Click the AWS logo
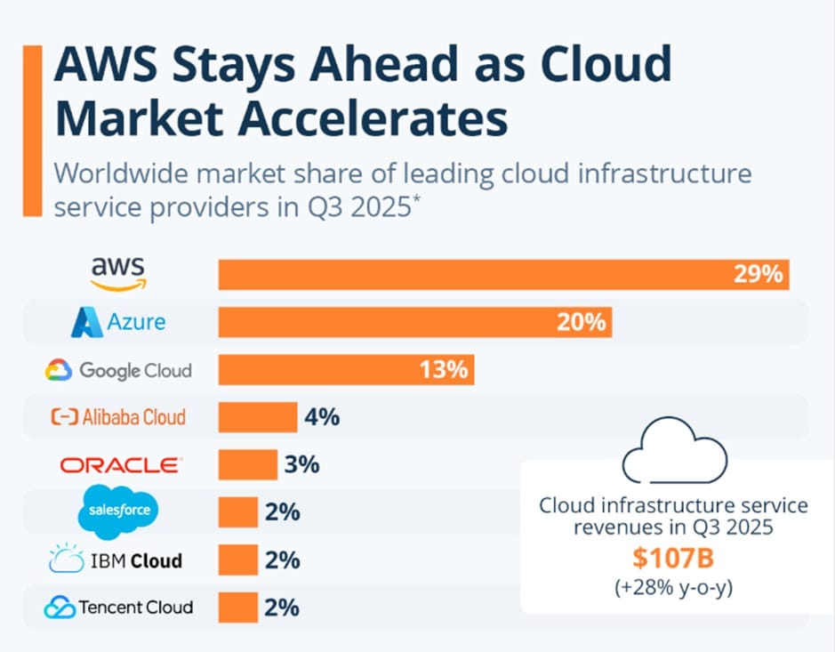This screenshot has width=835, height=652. [118, 272]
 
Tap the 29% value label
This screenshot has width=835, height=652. [759, 274]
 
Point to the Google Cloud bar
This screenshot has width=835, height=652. [346, 369]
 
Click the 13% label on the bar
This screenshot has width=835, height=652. [444, 369]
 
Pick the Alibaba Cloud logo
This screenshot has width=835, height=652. [118, 416]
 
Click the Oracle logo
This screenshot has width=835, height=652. [120, 464]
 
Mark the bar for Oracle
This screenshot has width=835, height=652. [248, 464]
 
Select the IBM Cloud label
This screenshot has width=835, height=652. [118, 560]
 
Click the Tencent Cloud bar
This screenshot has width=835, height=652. [238, 608]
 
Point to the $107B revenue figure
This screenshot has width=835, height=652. [674, 559]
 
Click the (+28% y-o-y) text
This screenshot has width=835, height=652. [673, 588]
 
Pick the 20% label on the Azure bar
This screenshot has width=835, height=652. [582, 321]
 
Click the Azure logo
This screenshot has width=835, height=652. [118, 321]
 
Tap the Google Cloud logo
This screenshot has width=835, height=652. [118, 369]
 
